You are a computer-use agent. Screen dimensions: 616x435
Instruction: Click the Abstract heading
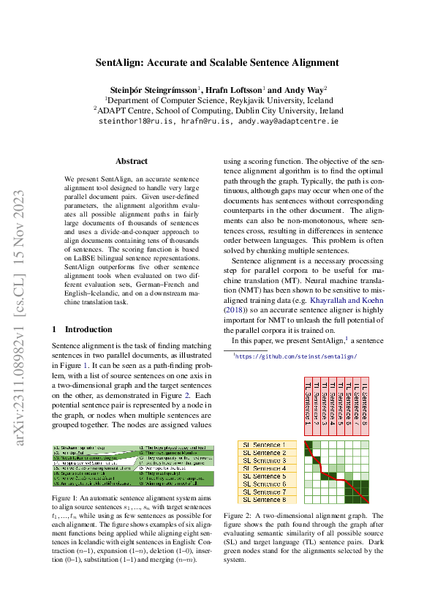pyautogui.click(x=132, y=161)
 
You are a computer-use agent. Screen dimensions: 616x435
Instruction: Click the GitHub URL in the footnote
pyautogui.click(x=295, y=356)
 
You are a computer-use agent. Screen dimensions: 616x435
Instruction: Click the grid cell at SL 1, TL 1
pyautogui.click(x=308, y=445)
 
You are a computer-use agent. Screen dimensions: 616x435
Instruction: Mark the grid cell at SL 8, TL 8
pyautogui.click(x=364, y=500)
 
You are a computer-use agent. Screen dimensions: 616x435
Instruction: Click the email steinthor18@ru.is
pyautogui.click(x=135, y=121)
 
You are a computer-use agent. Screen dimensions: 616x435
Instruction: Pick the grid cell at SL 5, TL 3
pyautogui.click(x=324, y=476)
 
